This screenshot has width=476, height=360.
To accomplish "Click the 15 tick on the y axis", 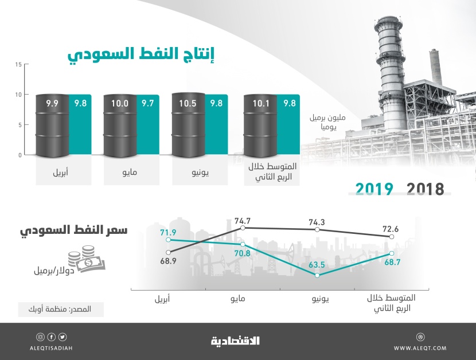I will tap(18, 64).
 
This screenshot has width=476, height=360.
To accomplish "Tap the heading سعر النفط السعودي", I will tap(73, 232).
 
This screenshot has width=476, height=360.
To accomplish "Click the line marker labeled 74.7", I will tap(243, 228).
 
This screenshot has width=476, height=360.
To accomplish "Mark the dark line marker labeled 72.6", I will tap(392, 236).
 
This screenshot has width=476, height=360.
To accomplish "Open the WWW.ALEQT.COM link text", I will tap(421, 347).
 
